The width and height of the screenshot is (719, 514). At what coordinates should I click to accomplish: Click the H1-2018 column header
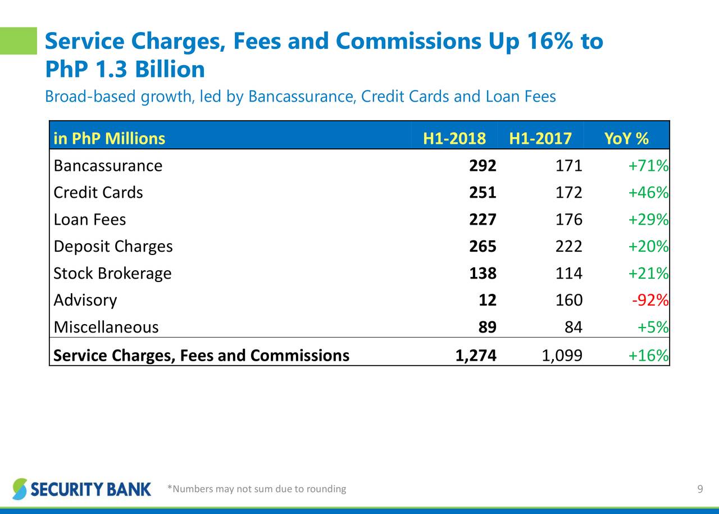click(454, 138)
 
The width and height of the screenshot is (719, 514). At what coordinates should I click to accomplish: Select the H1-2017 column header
click(540, 138)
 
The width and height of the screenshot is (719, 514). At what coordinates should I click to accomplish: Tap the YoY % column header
click(626, 138)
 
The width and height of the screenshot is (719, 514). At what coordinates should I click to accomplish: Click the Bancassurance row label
click(108, 166)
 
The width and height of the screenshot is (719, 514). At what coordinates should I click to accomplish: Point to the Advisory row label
click(85, 301)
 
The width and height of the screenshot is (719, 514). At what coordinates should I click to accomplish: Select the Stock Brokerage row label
click(112, 274)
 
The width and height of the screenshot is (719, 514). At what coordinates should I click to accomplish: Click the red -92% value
click(650, 301)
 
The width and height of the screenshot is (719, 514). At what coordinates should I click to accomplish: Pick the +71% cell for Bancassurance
click(648, 166)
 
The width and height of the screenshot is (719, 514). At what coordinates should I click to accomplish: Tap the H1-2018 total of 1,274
click(476, 355)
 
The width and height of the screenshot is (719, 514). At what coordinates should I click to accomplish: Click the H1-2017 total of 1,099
click(562, 355)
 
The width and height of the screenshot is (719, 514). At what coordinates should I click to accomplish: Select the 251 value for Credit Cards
click(483, 193)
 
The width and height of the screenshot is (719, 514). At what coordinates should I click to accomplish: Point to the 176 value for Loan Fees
click(568, 220)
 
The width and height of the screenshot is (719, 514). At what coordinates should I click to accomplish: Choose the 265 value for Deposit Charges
click(483, 247)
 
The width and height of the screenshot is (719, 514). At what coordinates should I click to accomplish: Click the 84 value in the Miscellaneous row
click(574, 327)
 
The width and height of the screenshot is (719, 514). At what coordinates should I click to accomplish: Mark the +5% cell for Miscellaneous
click(653, 327)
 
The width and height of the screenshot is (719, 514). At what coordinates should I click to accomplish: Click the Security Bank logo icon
click(20, 489)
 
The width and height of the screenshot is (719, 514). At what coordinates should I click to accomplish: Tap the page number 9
click(700, 489)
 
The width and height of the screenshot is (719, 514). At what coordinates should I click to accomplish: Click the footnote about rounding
click(257, 489)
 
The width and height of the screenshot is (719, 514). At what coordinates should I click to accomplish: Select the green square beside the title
click(18, 40)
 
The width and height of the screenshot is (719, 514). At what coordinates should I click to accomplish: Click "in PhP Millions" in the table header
click(110, 138)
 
